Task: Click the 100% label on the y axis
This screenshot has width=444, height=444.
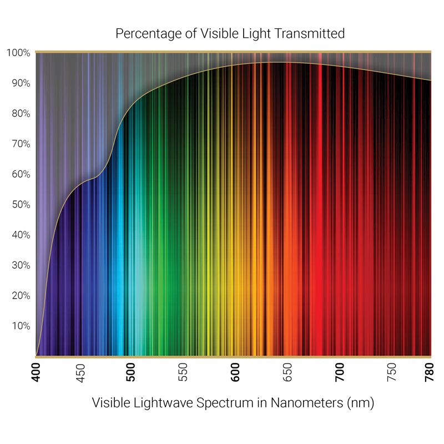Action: coord(18,53)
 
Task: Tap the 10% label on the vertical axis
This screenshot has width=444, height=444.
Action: coord(20,326)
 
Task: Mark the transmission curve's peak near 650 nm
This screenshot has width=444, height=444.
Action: coord(277,62)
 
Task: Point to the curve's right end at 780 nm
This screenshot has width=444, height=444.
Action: coord(431,80)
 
